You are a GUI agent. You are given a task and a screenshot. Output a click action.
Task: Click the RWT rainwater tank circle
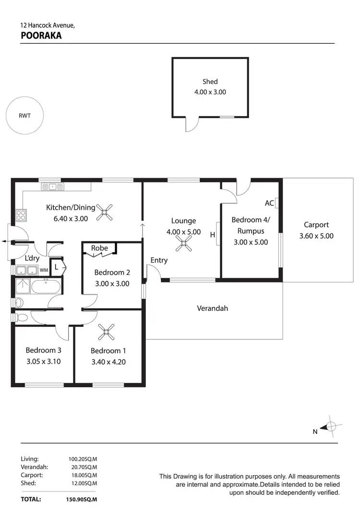(x=24, y=115)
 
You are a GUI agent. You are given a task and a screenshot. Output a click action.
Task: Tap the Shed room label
(x=210, y=82)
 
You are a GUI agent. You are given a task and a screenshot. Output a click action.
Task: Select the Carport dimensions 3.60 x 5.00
(x=316, y=236)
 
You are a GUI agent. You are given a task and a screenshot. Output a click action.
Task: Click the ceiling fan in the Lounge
(x=183, y=246)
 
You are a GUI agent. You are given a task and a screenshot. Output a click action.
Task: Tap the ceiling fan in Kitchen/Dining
(x=105, y=212)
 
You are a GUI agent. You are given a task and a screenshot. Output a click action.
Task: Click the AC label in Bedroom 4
(x=269, y=203)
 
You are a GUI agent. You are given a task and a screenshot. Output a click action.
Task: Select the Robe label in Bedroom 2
(x=99, y=248)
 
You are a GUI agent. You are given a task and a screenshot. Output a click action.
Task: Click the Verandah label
(x=212, y=308)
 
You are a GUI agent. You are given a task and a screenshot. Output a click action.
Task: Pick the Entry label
(x=159, y=260)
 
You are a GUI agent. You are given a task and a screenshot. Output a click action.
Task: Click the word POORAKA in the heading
(x=41, y=35)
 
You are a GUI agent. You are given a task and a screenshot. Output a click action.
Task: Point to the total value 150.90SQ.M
(x=83, y=499)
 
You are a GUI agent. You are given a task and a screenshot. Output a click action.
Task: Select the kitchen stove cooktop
(x=21, y=214)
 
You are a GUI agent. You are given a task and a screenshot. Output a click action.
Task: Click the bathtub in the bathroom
(x=46, y=288)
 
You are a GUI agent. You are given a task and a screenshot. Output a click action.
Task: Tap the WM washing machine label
(x=44, y=270)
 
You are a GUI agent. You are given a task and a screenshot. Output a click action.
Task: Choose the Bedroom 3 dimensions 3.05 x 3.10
(x=43, y=362)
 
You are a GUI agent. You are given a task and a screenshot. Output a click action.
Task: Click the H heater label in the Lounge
(x=212, y=235)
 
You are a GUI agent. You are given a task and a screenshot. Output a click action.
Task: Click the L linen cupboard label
(x=56, y=267)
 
